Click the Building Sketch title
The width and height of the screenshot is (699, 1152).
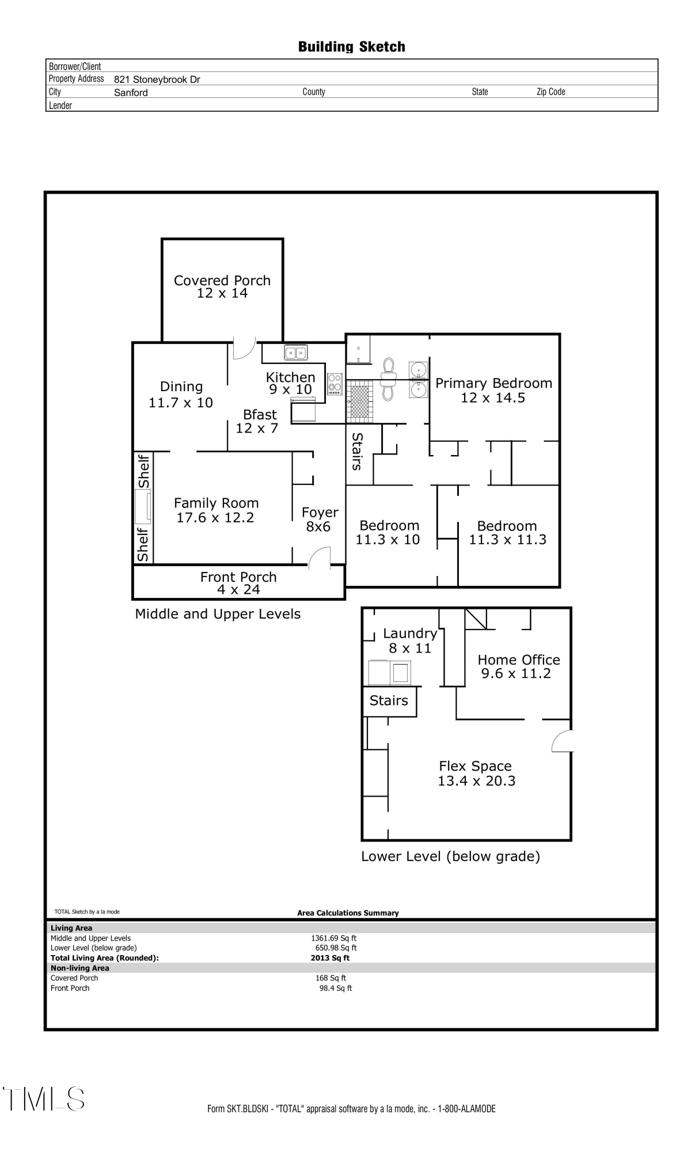[351, 47]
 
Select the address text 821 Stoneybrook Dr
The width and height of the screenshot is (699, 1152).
[157, 79]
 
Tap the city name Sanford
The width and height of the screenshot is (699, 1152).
[131, 93]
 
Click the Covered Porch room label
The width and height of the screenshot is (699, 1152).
[222, 281]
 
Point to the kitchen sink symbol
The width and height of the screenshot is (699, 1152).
[296, 352]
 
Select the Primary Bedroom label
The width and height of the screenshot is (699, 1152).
[493, 384]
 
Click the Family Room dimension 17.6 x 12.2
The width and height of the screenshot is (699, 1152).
[215, 518]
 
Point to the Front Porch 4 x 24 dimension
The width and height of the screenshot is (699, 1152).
[238, 590]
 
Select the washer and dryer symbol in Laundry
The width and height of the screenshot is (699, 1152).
[390, 672]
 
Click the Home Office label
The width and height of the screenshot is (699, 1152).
[518, 660]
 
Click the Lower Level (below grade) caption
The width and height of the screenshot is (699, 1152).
[450, 857]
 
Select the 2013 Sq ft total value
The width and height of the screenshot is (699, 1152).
[330, 958]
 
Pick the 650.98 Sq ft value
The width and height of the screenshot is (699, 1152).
[336, 948]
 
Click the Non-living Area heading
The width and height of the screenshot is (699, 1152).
[79, 968]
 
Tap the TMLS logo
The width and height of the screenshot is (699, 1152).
[44, 1098]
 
